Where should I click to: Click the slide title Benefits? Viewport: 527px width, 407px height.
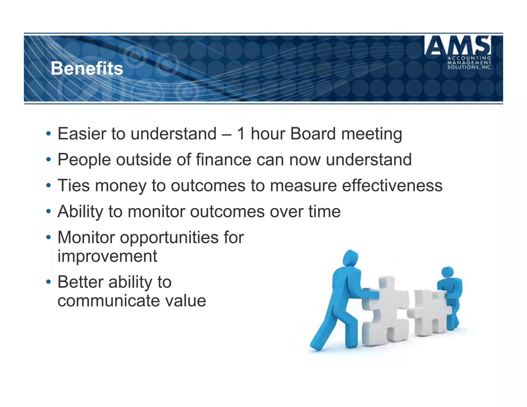pyautogui.click(x=87, y=69)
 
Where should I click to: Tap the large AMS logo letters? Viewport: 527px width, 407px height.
pyautogui.click(x=458, y=46)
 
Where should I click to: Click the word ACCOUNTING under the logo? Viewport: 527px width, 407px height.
pyautogui.click(x=469, y=58)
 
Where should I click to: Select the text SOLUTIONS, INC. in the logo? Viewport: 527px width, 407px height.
pyautogui.click(x=469, y=67)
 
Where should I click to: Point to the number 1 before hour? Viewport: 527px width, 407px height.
pyautogui.click(x=241, y=134)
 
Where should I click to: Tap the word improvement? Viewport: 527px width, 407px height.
pyautogui.click(x=107, y=256)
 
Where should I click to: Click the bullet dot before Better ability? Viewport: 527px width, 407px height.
pyautogui.click(x=48, y=282)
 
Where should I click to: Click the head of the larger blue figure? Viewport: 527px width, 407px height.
pyautogui.click(x=350, y=258)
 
